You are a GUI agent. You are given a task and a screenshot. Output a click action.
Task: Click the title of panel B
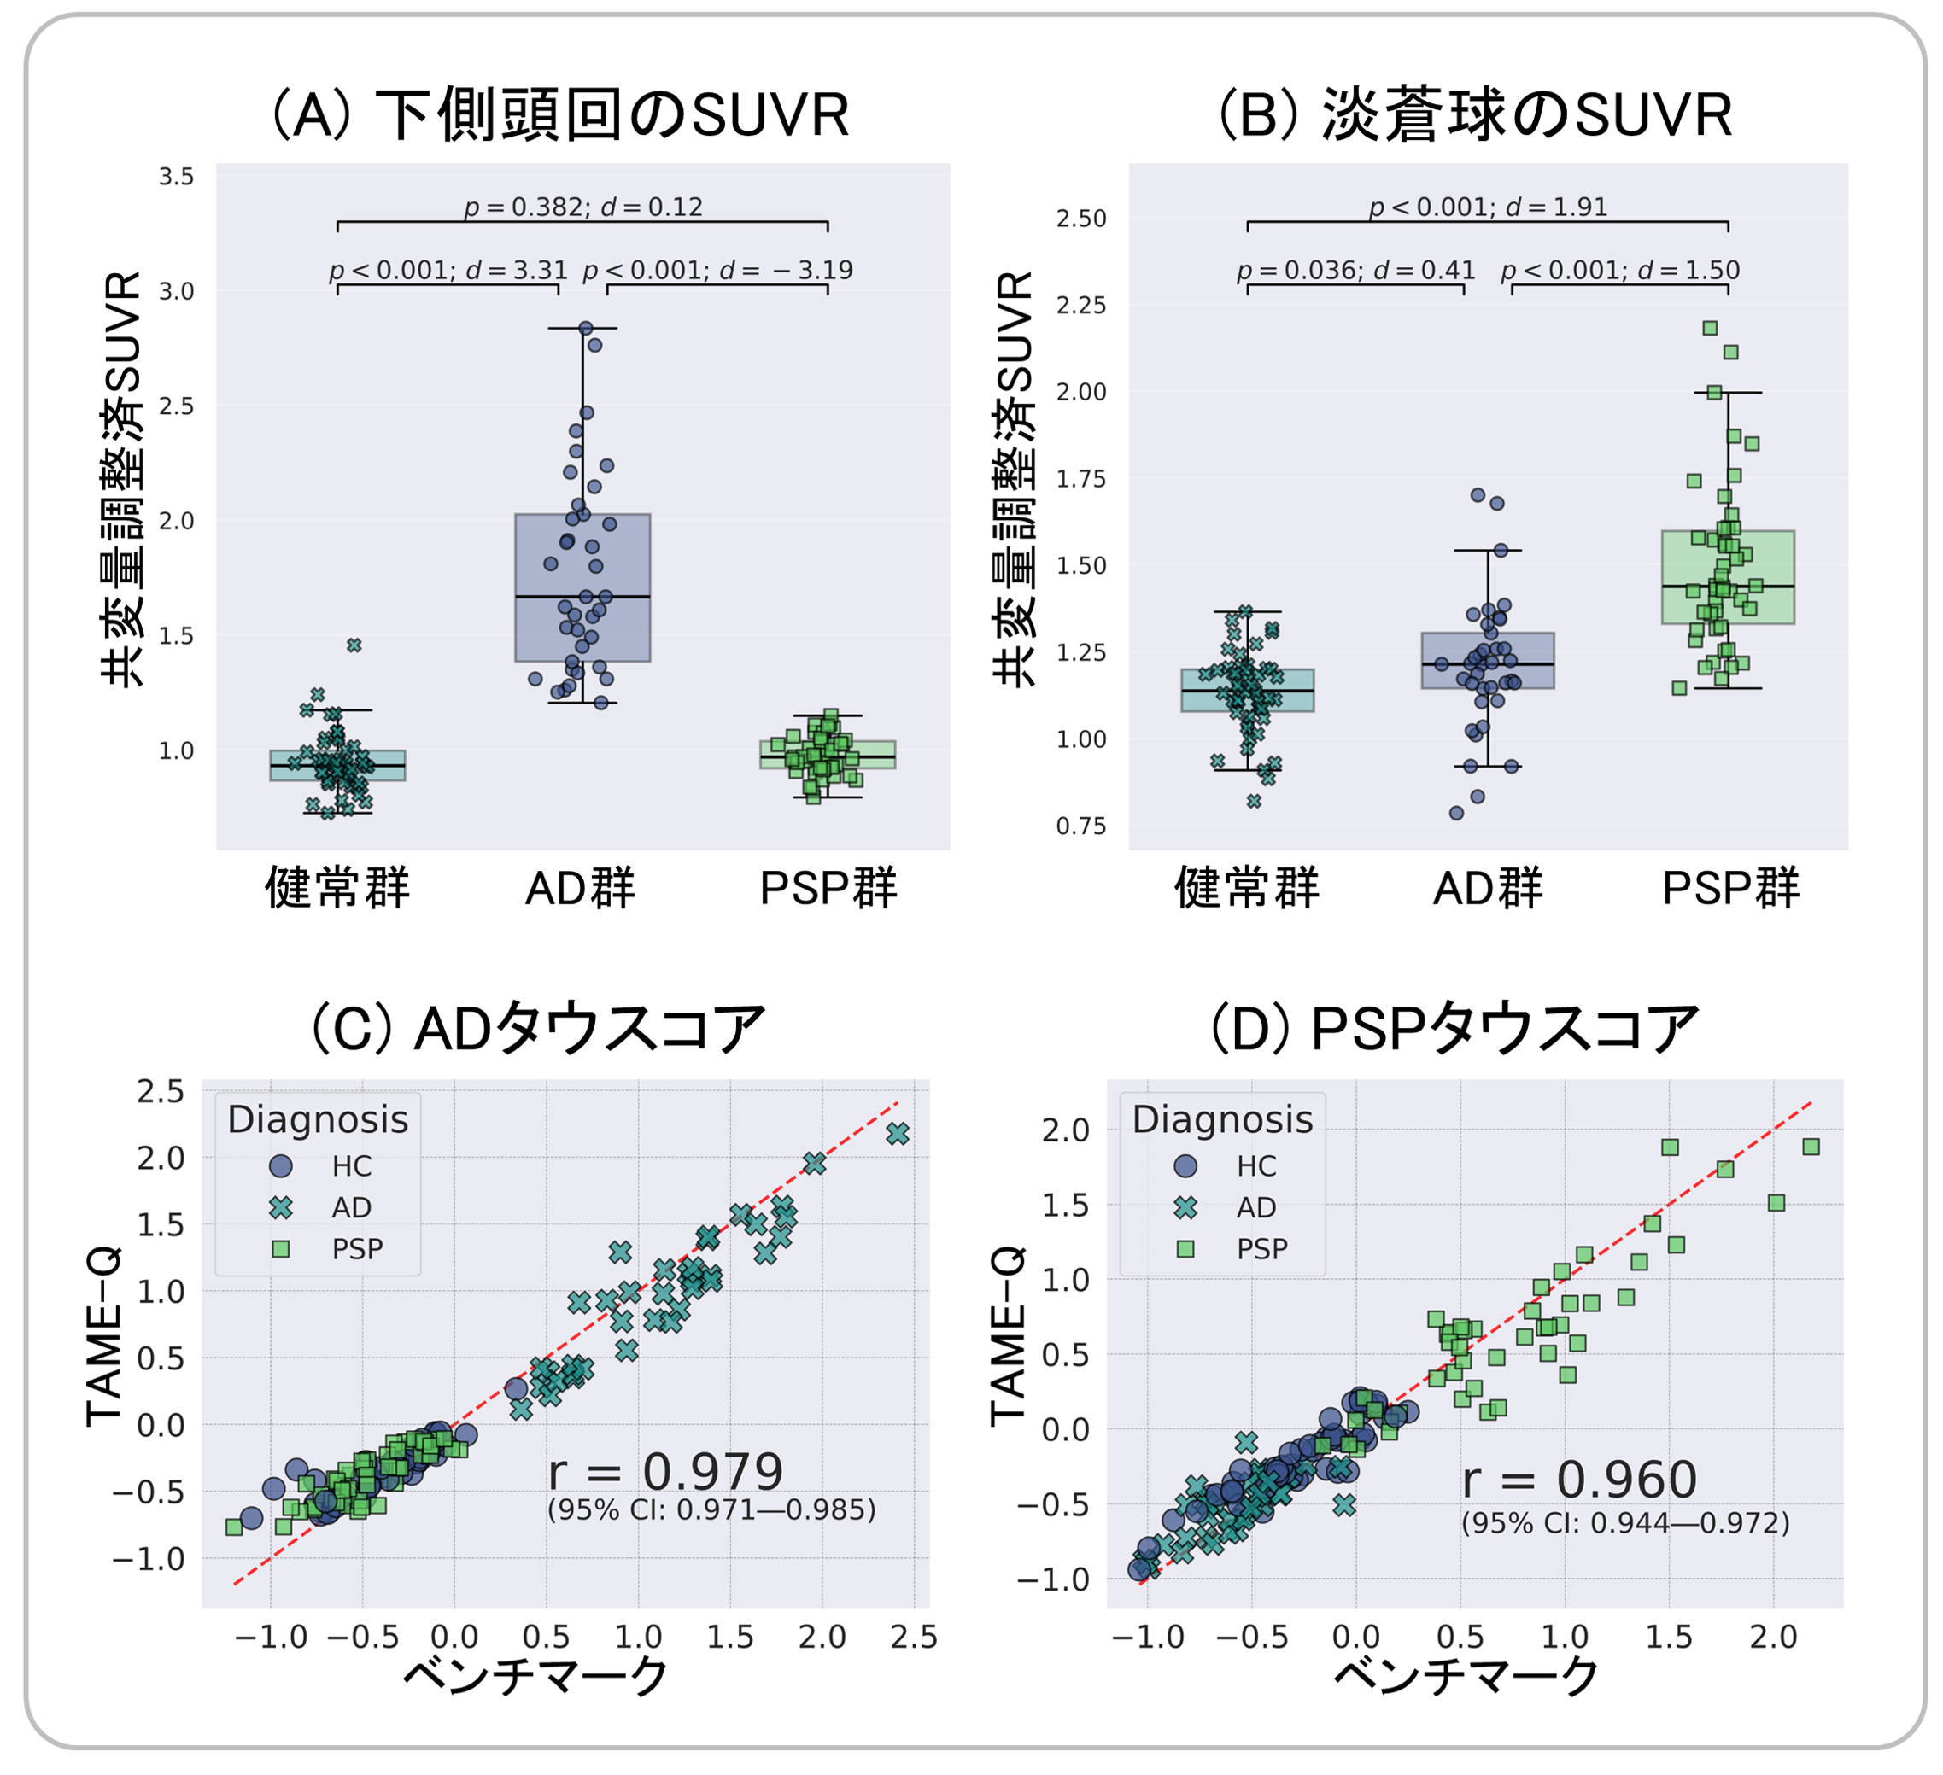[1476, 114]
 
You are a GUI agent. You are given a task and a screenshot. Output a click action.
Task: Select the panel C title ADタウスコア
[538, 1028]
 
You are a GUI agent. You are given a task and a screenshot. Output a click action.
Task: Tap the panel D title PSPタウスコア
[1454, 1028]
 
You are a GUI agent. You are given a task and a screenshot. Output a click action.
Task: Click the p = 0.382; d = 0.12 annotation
[583, 207]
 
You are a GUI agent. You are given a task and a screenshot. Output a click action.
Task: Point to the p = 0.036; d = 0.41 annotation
[1356, 270]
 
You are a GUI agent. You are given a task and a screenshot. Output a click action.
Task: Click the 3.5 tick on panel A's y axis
[177, 177]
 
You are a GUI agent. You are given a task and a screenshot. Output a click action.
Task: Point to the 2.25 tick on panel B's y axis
[1081, 306]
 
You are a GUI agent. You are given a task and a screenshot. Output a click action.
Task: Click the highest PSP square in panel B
[1710, 329]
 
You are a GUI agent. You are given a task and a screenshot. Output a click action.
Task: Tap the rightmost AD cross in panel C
[898, 1134]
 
